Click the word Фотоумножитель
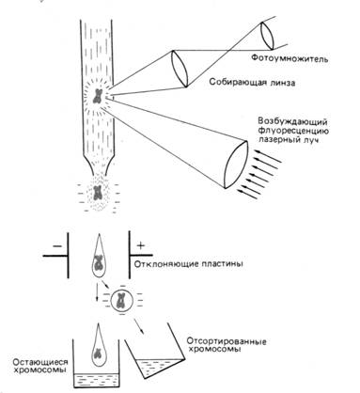coord(290,58)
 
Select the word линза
coord(283,83)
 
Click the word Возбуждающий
coord(292,121)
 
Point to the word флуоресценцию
coord(293,131)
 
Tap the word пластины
coord(219,264)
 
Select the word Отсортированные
coord(227,341)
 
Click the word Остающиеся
coord(40,362)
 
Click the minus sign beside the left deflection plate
coord(57,246)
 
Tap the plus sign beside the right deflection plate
coord(141,245)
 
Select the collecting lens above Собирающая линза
coord(180,69)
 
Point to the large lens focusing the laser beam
coord(236,165)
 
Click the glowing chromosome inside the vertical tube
coord(98,97)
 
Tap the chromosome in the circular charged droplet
coord(120,301)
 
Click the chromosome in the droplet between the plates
coord(99,262)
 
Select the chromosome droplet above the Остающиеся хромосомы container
coord(98,344)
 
